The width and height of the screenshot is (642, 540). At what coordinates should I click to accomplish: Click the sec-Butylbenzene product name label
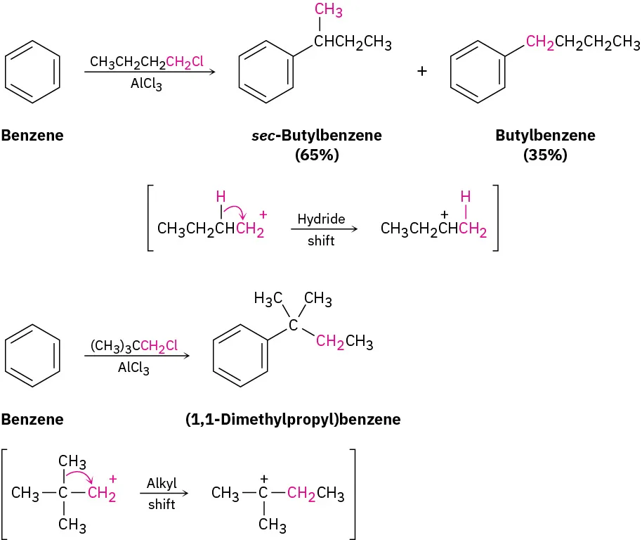pyautogui.click(x=317, y=135)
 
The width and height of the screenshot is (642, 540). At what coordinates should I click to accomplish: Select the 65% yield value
pyautogui.click(x=317, y=155)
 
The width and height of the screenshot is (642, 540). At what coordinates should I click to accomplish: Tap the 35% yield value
pyautogui.click(x=544, y=155)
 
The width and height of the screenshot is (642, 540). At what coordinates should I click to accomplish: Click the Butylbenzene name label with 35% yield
pyautogui.click(x=544, y=135)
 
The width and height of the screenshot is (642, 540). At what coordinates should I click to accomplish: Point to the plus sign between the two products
pyautogui.click(x=422, y=71)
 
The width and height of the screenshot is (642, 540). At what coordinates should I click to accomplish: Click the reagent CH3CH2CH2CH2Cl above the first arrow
pyautogui.click(x=147, y=62)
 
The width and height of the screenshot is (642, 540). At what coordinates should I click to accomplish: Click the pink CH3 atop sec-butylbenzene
pyautogui.click(x=328, y=11)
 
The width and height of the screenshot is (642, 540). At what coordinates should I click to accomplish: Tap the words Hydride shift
pyautogui.click(x=321, y=230)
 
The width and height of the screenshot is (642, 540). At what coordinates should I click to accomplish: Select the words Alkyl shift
pyautogui.click(x=162, y=494)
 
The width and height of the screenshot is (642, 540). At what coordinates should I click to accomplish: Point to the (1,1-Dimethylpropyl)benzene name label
pyautogui.click(x=293, y=420)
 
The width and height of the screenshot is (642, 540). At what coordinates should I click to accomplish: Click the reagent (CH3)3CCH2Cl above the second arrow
pyautogui.click(x=133, y=345)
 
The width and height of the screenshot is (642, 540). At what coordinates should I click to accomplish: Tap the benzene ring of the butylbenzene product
pyautogui.click(x=476, y=70)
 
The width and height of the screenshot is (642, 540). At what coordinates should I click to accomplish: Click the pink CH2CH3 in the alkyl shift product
pyautogui.click(x=315, y=494)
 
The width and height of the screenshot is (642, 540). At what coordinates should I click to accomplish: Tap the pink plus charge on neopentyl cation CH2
pyautogui.click(x=113, y=479)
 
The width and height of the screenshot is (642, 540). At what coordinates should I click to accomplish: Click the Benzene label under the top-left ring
pyautogui.click(x=32, y=135)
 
